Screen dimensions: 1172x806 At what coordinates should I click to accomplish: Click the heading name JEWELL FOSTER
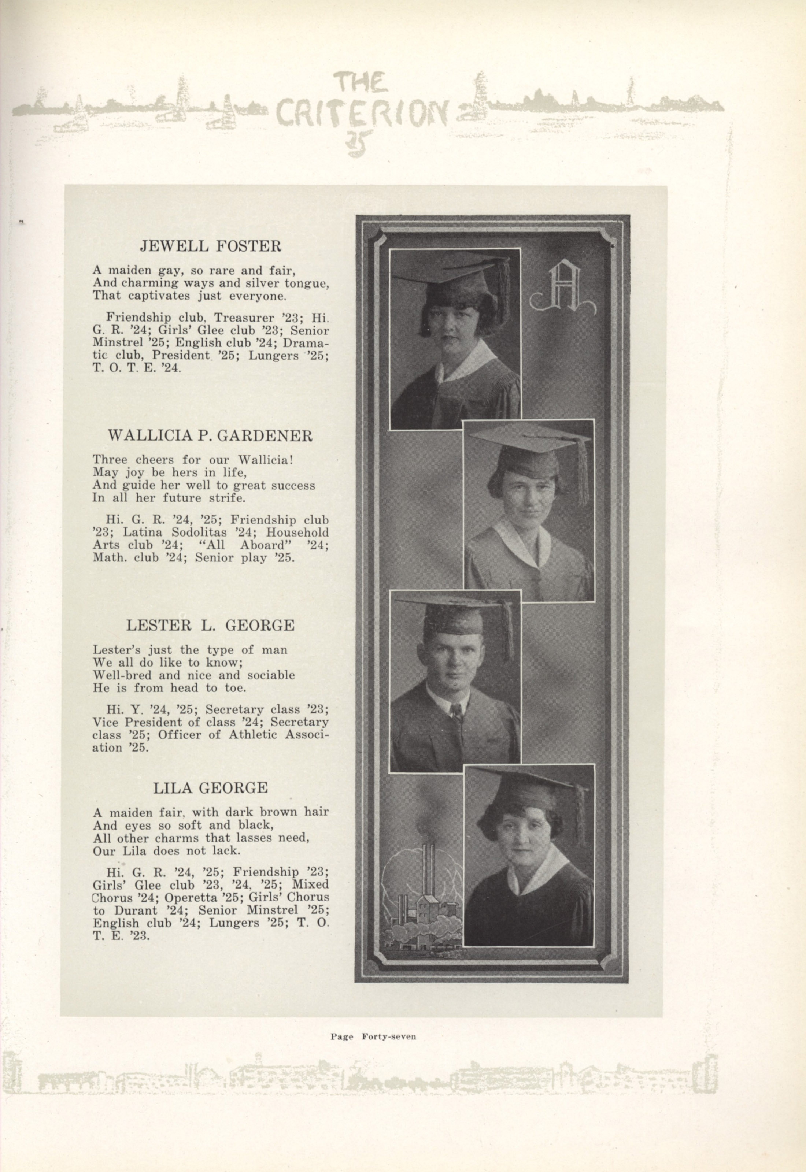click(210, 246)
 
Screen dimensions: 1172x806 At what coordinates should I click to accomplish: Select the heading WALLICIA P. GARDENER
click(210, 435)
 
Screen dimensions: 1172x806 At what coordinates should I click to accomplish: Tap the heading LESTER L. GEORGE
click(210, 625)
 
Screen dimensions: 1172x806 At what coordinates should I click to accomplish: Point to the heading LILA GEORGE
click(210, 787)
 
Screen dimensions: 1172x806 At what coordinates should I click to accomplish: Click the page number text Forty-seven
click(388, 1037)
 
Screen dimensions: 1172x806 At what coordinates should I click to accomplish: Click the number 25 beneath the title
click(359, 143)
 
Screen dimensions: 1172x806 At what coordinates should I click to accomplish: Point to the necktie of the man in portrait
click(456, 713)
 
